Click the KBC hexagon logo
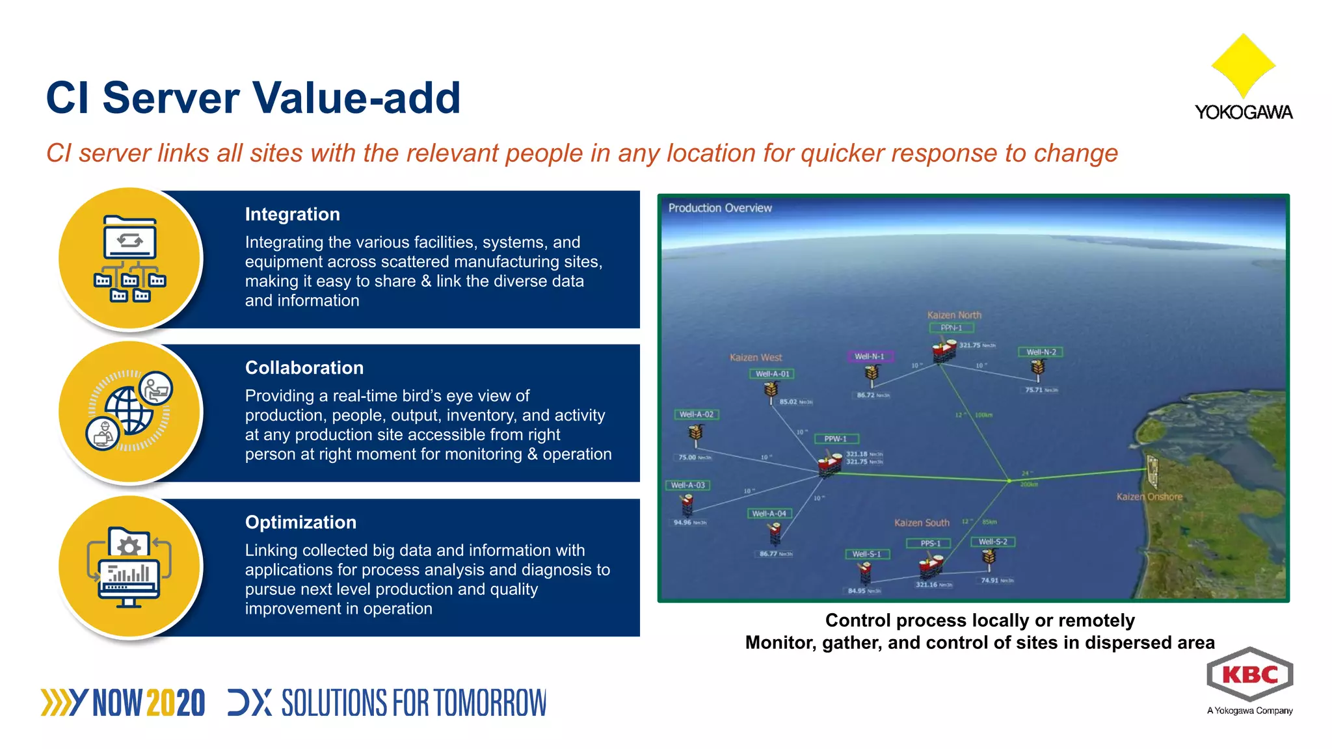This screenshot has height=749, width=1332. click(1249, 675)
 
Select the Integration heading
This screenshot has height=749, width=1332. click(292, 215)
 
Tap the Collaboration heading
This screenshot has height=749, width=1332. click(304, 368)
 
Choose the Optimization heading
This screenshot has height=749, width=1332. click(300, 523)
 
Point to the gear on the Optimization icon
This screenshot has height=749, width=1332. click(129, 545)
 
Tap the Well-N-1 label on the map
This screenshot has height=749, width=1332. click(870, 356)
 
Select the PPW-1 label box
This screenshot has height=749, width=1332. click(836, 439)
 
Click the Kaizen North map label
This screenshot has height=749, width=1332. click(954, 315)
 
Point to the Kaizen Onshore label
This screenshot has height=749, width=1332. click(1149, 497)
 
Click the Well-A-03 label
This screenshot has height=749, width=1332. click(687, 485)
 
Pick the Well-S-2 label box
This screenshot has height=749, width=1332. click(992, 542)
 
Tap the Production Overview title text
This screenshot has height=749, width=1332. click(720, 208)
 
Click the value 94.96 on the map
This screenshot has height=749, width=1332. click(682, 522)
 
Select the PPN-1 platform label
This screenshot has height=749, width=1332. click(951, 328)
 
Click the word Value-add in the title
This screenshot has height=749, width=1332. click(356, 98)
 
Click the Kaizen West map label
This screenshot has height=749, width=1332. click(756, 358)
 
